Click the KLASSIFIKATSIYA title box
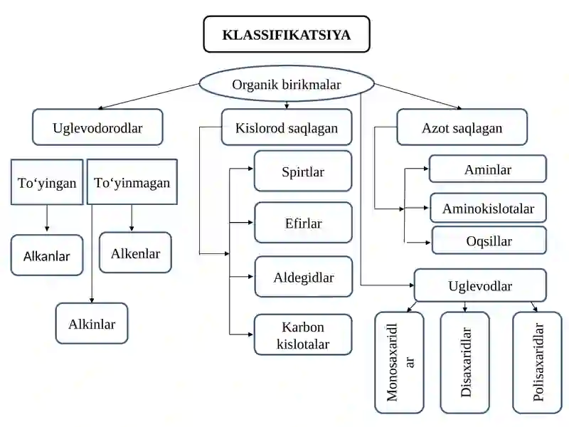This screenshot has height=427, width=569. coord(287,34)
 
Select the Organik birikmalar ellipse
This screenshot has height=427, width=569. coord(287,84)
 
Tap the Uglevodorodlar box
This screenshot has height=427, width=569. coord(97,127)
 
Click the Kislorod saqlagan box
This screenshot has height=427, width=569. coord(287,127)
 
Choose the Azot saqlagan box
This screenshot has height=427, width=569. coord(462,127)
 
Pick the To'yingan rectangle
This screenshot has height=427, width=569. coord(47,182)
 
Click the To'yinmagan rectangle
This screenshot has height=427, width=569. coord(132,181)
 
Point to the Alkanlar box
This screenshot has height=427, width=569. coord(47,255)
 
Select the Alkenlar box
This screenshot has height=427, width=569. coord(135,253)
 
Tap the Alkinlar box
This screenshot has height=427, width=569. coord(92,323)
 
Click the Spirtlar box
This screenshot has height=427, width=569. coord(303,171)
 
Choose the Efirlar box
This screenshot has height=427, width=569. coord(304,223)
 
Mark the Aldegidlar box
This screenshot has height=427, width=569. coord(304,277)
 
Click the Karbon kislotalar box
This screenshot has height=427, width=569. coord(303,334)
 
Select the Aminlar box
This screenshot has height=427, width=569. coord(488,169)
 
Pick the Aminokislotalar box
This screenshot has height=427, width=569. coord(488,208)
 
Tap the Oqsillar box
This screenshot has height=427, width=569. coord(489,240)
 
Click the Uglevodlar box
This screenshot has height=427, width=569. coord(480,285)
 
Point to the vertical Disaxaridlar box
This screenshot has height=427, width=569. coord(465,362)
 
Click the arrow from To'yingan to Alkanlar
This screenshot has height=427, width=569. coord(47,218)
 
